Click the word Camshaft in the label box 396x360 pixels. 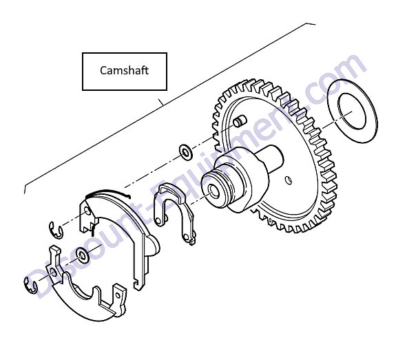pos(124,70)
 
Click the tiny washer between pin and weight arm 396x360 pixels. pos(186,152)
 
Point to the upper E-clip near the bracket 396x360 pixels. pos(56,230)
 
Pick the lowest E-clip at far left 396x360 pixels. pos(30,286)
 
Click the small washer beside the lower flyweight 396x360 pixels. pos(83,255)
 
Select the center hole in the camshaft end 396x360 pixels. pos(214,191)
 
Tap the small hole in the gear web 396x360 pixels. pos(288,180)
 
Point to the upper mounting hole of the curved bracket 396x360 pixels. pos(87,211)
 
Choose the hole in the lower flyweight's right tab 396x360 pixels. pos(118,295)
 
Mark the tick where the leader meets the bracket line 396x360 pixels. pos(161,102)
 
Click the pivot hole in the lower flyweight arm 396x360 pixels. pos(53,272)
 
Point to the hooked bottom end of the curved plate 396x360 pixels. pos(138,284)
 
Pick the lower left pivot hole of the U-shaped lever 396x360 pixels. pos(158,221)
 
